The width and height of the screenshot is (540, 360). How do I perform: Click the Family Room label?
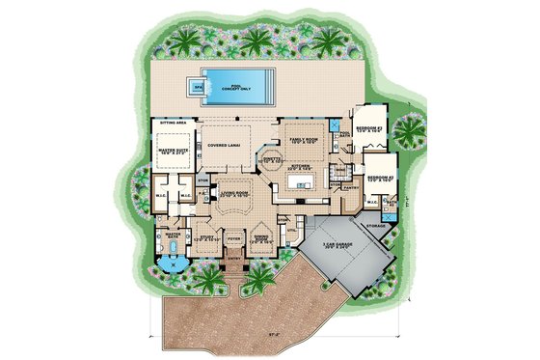click(305, 139)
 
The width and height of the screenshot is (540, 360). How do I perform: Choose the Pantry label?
click(351, 189)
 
